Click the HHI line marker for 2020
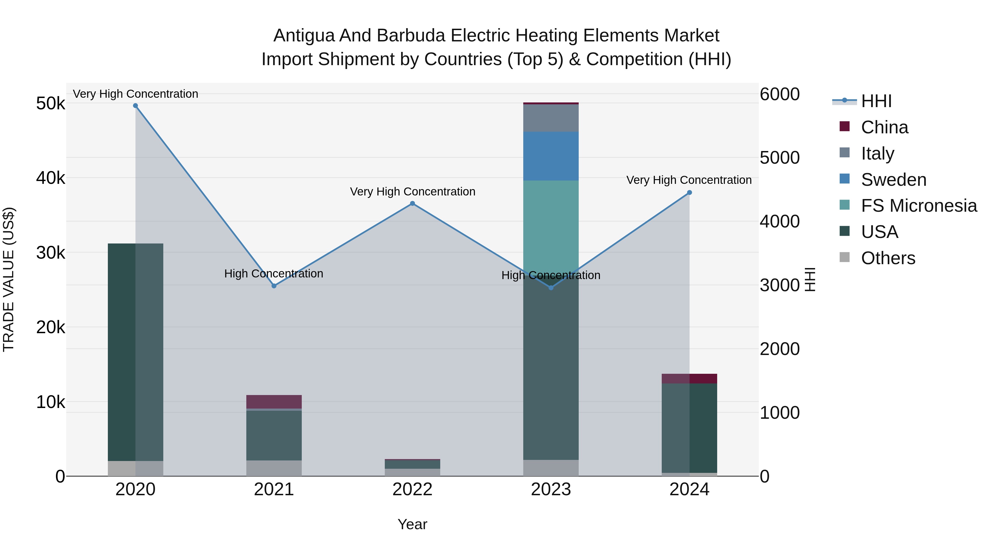135,106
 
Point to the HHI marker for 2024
690,192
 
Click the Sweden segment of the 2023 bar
551,156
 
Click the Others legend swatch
845,257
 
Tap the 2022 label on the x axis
412,489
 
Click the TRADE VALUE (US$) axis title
9,279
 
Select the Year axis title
412,524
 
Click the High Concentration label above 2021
274,274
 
